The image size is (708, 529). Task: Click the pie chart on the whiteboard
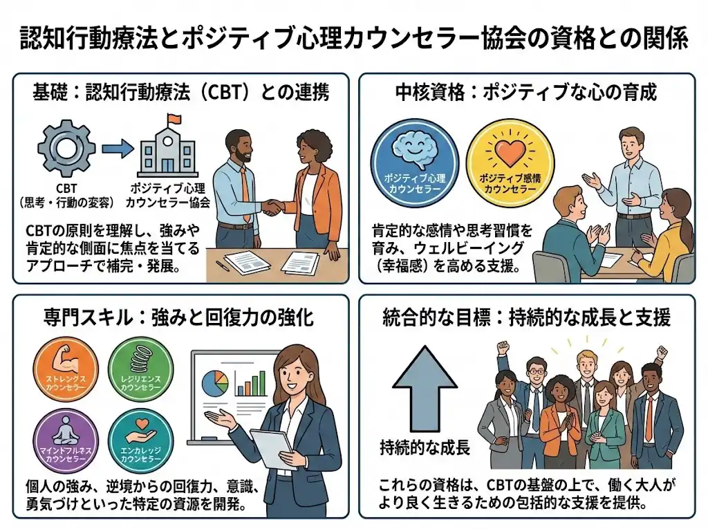click(x=215, y=382)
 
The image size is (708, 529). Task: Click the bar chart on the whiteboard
click(x=251, y=383)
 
